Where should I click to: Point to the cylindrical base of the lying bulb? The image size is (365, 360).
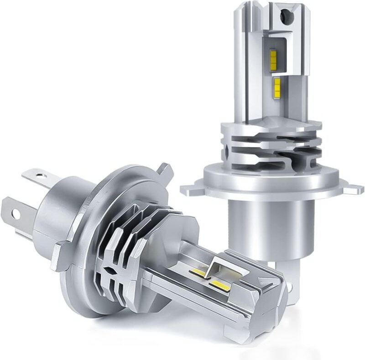pos(59,215)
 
